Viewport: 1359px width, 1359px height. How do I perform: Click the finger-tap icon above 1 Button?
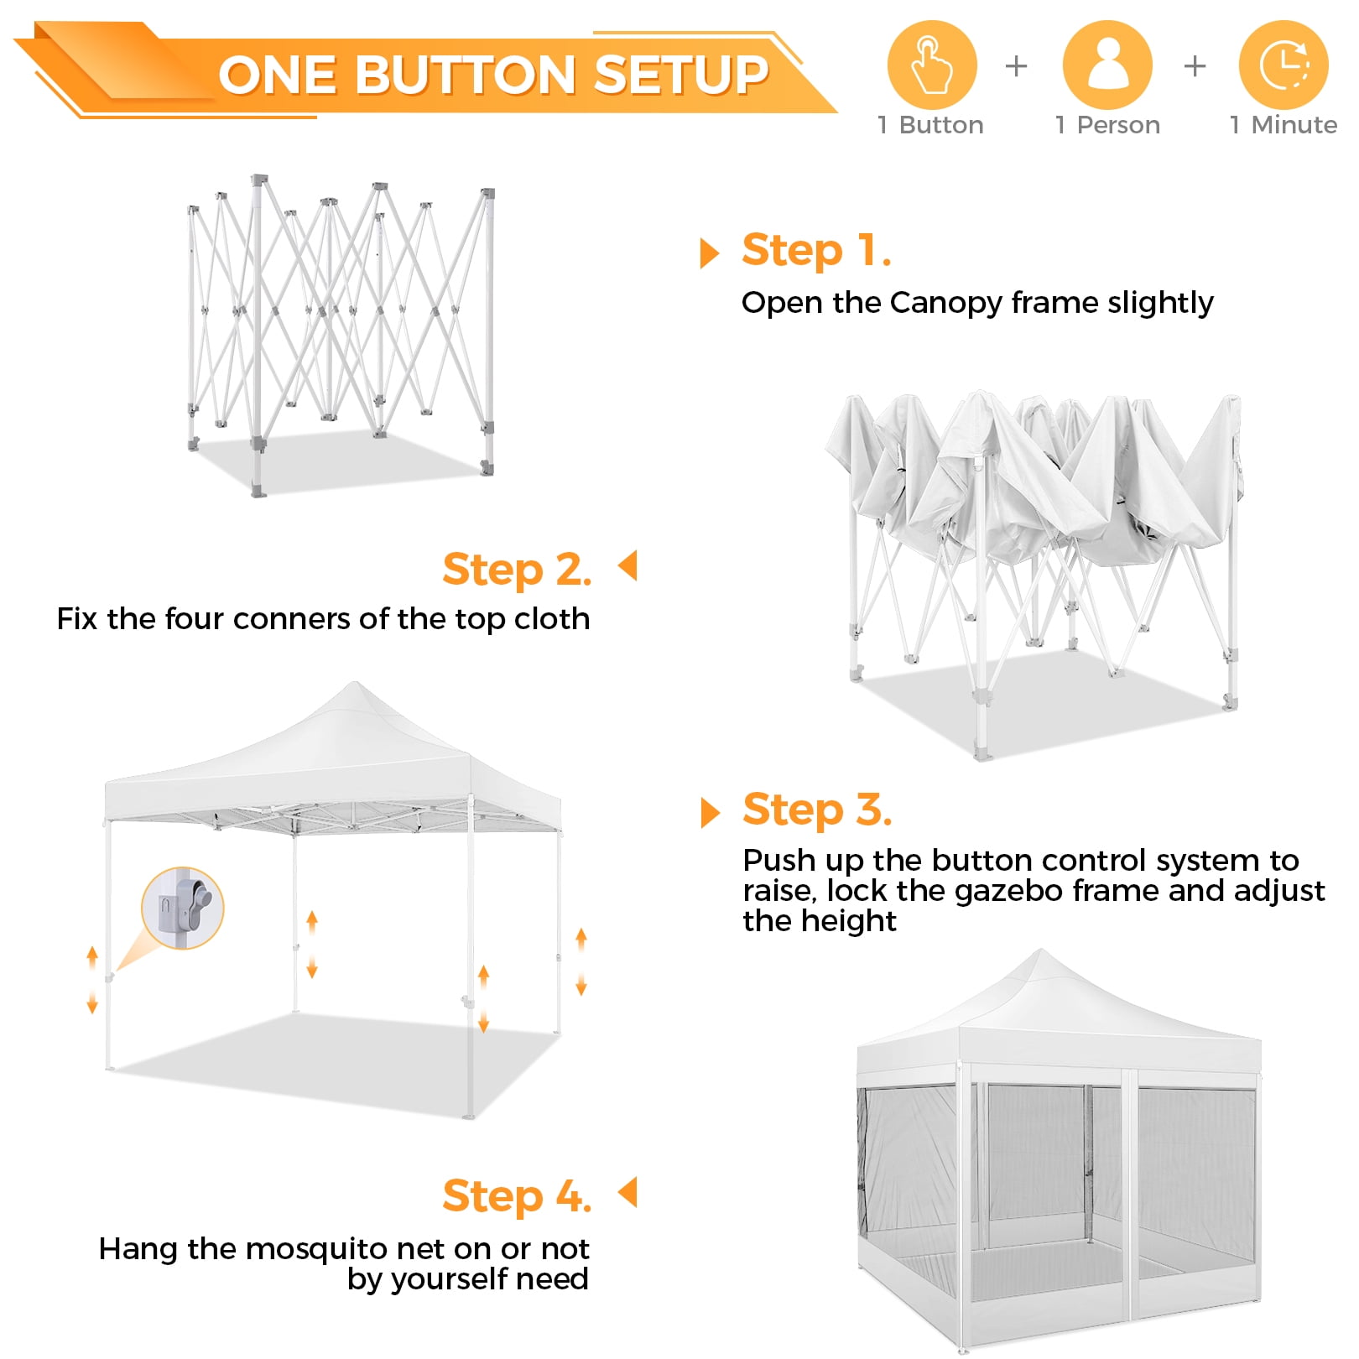[932, 65]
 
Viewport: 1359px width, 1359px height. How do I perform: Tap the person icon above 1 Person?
[1107, 65]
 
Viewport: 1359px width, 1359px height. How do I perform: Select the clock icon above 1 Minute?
[1283, 65]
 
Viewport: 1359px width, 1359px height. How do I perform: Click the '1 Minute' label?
[1283, 125]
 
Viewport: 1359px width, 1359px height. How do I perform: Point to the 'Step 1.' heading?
[816, 251]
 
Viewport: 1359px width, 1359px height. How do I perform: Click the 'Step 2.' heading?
[517, 570]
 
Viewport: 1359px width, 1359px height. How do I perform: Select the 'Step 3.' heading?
[817, 810]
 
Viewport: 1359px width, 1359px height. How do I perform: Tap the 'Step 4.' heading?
[517, 1196]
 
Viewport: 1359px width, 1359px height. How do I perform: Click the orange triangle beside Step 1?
[710, 253]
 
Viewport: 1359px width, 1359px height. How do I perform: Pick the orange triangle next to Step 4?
[627, 1192]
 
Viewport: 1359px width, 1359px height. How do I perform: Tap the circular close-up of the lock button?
[183, 908]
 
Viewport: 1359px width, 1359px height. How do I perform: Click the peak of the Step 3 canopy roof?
[355, 684]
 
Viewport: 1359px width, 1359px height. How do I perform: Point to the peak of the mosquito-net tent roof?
[1042, 951]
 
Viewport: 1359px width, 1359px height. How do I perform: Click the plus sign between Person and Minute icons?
[1195, 65]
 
